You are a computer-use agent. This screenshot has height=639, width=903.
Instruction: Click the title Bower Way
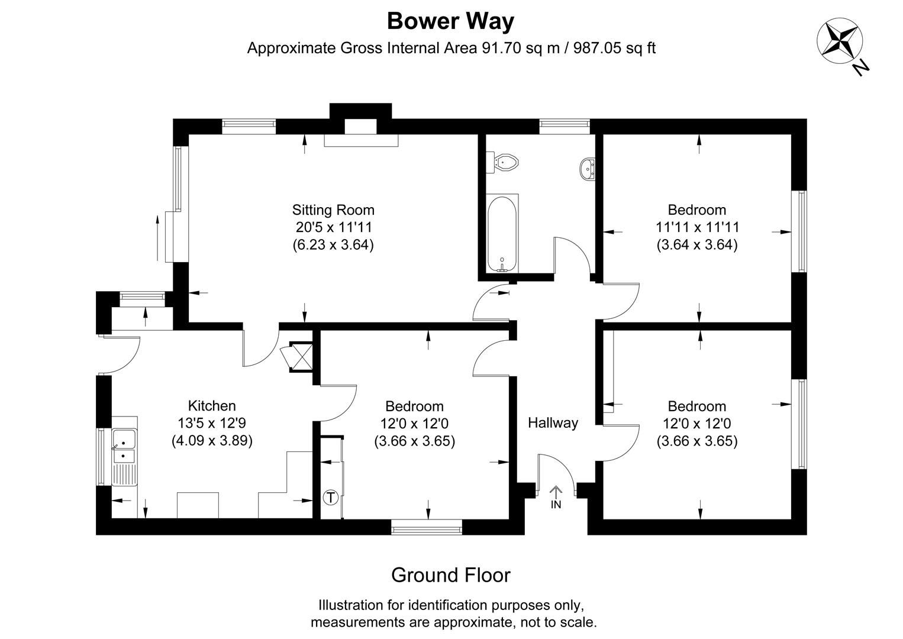(x=450, y=21)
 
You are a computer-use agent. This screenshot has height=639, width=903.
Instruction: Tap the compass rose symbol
(x=839, y=41)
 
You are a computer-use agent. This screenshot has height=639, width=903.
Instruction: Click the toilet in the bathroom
(x=504, y=161)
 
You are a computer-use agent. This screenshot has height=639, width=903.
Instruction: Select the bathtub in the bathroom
(x=502, y=233)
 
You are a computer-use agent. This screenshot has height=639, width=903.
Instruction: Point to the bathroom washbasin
(x=588, y=168)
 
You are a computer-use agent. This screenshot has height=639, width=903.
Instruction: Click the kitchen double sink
(x=124, y=447)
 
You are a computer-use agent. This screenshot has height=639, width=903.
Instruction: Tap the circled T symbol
(x=331, y=498)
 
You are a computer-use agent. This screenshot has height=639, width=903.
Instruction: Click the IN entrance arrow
(x=556, y=496)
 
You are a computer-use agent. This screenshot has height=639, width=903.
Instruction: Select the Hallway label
(x=553, y=423)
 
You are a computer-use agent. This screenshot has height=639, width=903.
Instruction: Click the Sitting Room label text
(x=333, y=210)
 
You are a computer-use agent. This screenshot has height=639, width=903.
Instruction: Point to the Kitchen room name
(x=212, y=406)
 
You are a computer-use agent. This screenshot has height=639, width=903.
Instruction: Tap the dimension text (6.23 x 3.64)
(x=333, y=245)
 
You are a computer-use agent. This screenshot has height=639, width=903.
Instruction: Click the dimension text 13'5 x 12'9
(x=212, y=423)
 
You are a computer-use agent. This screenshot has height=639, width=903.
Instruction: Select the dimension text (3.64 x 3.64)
(x=697, y=245)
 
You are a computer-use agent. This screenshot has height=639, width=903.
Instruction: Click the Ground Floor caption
(x=450, y=575)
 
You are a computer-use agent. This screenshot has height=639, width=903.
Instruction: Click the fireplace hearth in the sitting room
(x=361, y=140)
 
